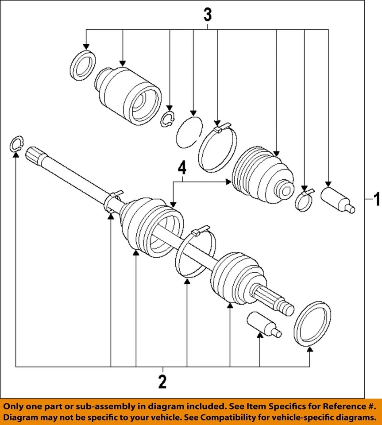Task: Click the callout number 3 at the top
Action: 207,15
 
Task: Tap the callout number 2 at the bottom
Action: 162,381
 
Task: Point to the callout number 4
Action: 181,168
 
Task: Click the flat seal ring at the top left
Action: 83,66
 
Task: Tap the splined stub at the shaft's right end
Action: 277,301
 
